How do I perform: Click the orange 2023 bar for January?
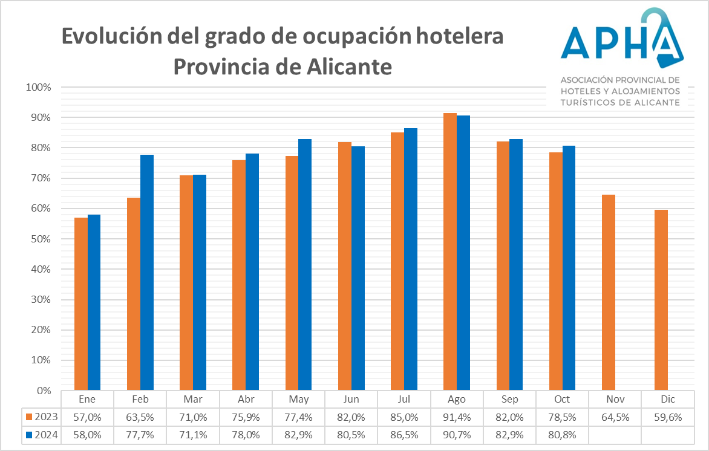click(x=81, y=303)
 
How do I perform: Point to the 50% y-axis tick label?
click(x=41, y=239)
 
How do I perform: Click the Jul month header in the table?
click(x=404, y=400)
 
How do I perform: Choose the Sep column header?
click(x=509, y=400)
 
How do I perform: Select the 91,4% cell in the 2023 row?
click(x=457, y=417)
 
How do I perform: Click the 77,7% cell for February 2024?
click(x=140, y=434)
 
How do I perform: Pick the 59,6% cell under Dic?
click(x=668, y=417)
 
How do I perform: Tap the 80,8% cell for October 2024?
click(x=562, y=434)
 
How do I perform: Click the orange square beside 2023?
click(x=29, y=417)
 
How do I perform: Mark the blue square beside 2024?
click(x=29, y=434)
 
